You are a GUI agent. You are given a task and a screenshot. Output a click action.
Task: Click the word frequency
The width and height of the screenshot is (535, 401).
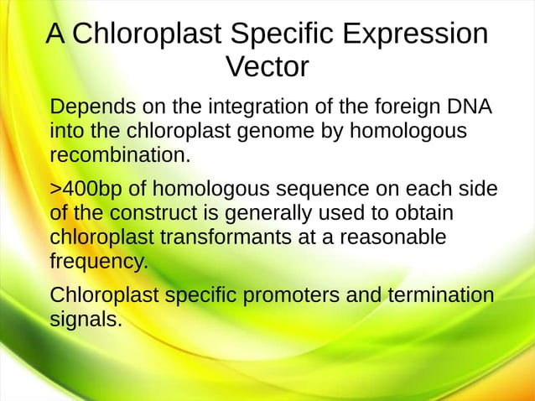coord(98,260)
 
